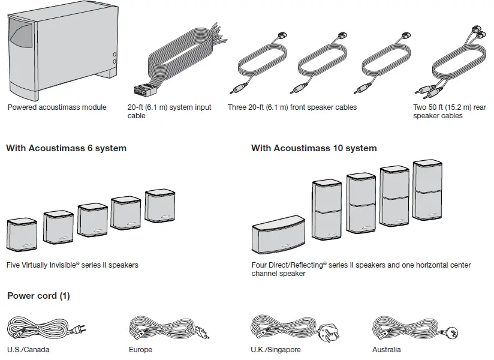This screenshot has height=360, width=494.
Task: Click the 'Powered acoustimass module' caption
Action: (x=57, y=107)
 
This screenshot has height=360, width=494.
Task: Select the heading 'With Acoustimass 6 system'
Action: (x=66, y=148)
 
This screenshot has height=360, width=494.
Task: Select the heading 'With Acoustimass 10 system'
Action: (x=314, y=148)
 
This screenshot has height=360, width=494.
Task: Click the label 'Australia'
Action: (x=386, y=349)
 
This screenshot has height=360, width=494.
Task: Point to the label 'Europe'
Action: (x=140, y=349)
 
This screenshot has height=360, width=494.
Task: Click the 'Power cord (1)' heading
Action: (x=38, y=296)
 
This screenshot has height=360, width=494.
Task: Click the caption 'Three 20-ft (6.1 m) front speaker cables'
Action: (x=292, y=107)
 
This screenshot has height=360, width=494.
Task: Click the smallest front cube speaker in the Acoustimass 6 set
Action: (x=23, y=236)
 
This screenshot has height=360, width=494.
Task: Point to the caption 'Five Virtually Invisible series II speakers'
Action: (x=72, y=265)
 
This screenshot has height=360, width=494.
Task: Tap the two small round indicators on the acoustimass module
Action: (x=114, y=58)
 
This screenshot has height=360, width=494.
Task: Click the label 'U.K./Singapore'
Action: (x=275, y=349)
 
